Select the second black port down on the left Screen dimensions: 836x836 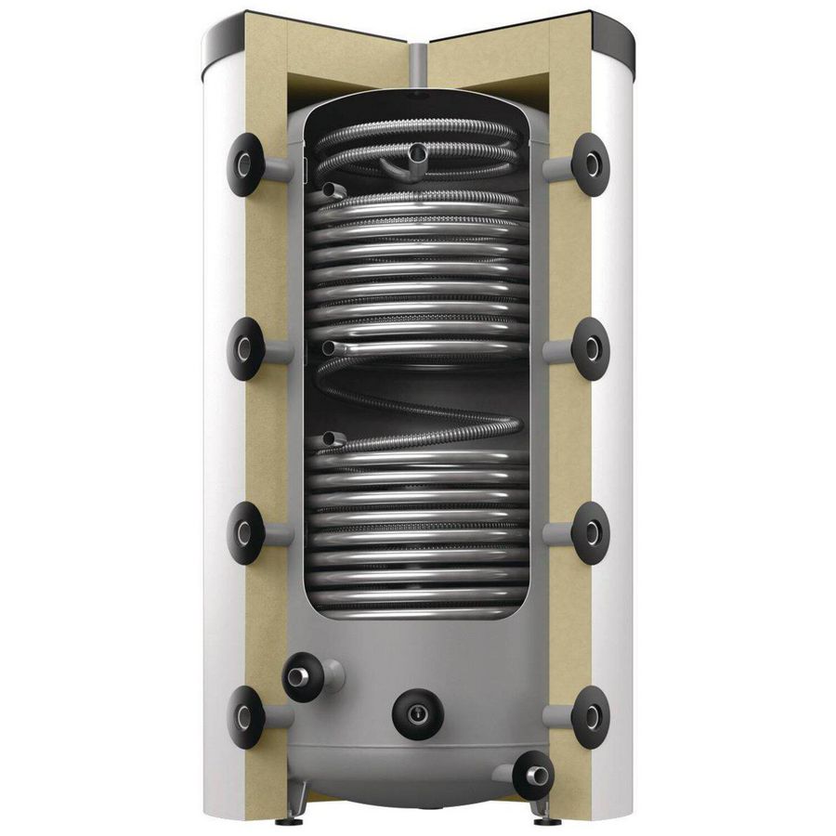(x=244, y=349)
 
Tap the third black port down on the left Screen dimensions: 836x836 (x=244, y=533)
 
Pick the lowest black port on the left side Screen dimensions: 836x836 (x=244, y=716)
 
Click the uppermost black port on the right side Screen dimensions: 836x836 (x=591, y=164)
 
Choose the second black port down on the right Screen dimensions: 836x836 (x=591, y=349)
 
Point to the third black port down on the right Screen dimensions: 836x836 (x=591, y=533)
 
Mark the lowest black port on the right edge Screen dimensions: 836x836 (x=591, y=716)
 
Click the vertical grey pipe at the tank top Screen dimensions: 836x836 (x=417, y=65)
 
